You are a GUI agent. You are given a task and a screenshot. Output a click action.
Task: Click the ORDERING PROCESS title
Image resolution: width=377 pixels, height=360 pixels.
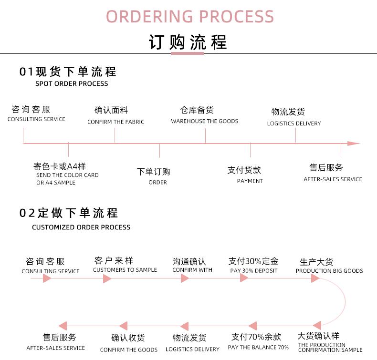[x=190, y=16]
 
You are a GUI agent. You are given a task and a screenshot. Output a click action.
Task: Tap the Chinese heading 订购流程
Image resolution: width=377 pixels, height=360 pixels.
[x=188, y=41]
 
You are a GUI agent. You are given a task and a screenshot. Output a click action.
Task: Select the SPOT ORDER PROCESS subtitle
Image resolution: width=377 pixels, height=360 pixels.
[x=72, y=84]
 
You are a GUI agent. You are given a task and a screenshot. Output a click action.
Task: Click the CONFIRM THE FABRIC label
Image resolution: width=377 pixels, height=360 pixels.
[x=115, y=122]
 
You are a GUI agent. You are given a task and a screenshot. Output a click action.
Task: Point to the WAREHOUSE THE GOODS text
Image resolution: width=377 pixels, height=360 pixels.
[x=204, y=121]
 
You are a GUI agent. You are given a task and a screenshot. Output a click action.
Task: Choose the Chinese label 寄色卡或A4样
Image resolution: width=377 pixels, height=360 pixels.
[x=60, y=166]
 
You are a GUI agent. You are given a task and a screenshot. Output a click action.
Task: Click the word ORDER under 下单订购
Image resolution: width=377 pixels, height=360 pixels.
[x=157, y=182]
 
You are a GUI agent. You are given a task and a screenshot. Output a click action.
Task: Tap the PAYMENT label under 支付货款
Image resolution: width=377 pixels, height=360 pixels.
[x=250, y=181]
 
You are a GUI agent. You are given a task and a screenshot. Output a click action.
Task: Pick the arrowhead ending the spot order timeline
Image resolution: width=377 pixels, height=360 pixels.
[x=353, y=143]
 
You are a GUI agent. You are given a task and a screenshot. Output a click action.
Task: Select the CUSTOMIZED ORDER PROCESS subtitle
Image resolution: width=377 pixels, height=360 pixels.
[x=81, y=227]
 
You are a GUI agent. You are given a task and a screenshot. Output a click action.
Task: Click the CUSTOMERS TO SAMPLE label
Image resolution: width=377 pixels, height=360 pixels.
[x=125, y=270]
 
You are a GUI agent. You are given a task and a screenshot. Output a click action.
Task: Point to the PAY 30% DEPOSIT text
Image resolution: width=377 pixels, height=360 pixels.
[x=253, y=271]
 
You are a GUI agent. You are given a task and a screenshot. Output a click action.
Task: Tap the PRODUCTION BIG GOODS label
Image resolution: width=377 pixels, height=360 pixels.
[x=329, y=271]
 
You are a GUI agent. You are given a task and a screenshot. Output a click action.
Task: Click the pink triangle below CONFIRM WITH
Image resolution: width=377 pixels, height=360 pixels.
[x=185, y=278]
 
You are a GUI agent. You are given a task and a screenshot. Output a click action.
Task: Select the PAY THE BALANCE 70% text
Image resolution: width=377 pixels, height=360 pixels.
[x=258, y=347]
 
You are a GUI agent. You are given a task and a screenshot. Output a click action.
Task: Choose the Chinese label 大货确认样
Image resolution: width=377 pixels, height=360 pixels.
[x=318, y=336]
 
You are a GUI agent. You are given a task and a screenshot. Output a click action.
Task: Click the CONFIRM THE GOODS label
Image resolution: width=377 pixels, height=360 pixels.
[x=129, y=350]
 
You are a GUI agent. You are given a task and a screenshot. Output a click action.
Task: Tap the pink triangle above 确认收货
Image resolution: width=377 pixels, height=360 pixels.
[x=123, y=326]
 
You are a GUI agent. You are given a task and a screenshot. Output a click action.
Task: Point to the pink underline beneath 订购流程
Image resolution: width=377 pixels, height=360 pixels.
[x=187, y=53]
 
